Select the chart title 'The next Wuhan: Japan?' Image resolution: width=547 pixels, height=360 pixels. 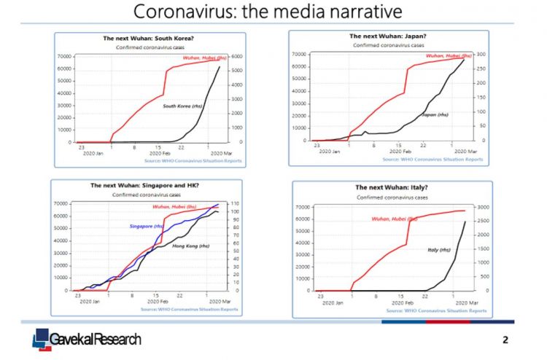tap(388, 35)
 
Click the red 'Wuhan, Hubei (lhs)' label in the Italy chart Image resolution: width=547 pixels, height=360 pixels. tap(395, 219)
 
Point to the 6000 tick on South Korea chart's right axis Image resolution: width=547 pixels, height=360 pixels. tap(238, 56)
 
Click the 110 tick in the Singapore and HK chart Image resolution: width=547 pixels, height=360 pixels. tap(235, 203)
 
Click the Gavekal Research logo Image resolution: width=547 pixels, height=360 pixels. tap(87, 339)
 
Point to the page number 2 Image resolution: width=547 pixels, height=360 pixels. tap(505, 340)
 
